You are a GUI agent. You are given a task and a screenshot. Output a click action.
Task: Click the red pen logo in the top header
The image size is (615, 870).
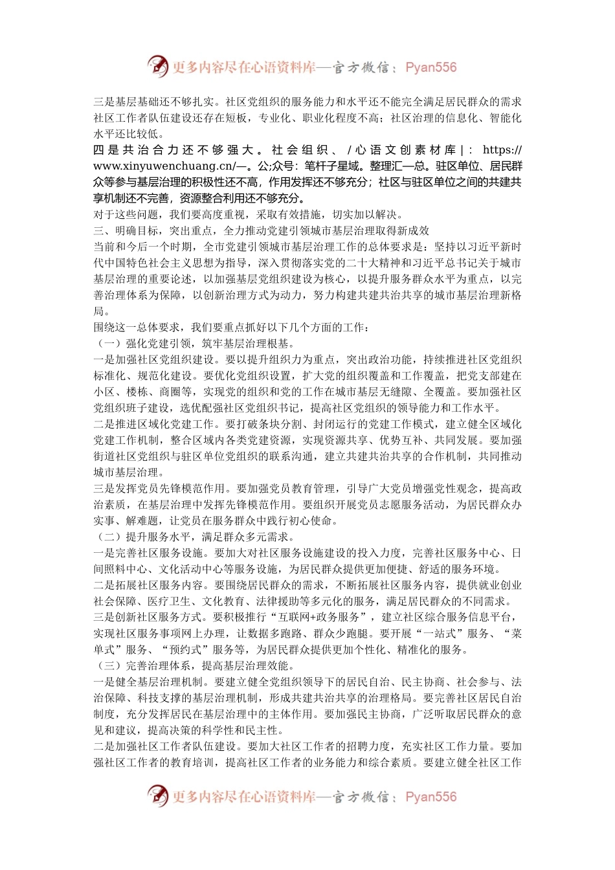pos(157,66)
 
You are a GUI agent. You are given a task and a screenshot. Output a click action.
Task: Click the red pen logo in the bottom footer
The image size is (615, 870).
pos(157,796)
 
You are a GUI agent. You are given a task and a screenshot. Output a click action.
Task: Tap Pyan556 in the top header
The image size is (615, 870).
pos(430,67)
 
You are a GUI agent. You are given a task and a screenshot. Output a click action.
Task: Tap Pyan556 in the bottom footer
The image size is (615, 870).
pos(430,797)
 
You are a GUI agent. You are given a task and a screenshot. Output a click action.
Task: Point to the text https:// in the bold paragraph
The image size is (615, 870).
pos(502,150)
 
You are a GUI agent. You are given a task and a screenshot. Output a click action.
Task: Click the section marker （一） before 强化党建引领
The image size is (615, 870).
pos(107,344)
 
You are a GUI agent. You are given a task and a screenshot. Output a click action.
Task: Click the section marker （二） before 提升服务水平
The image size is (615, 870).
pos(107,537)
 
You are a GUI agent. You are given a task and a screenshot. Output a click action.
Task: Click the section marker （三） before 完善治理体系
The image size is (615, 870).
pos(107,666)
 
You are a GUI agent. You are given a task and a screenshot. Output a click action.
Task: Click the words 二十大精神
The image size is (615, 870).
pos(372,263)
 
